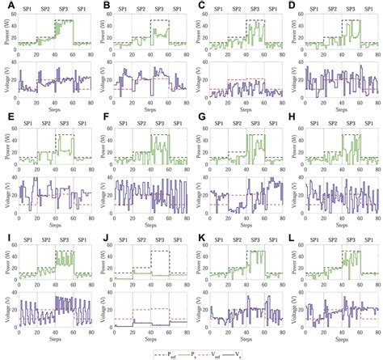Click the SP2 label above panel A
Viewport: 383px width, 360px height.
tap(47, 8)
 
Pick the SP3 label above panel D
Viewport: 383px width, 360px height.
tap(350, 8)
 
